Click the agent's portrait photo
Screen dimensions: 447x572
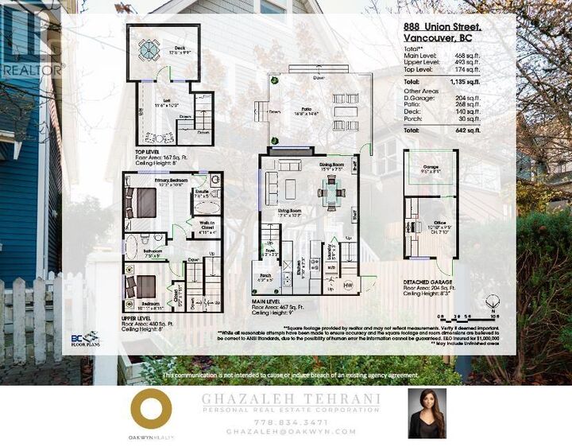tap(427, 413)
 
